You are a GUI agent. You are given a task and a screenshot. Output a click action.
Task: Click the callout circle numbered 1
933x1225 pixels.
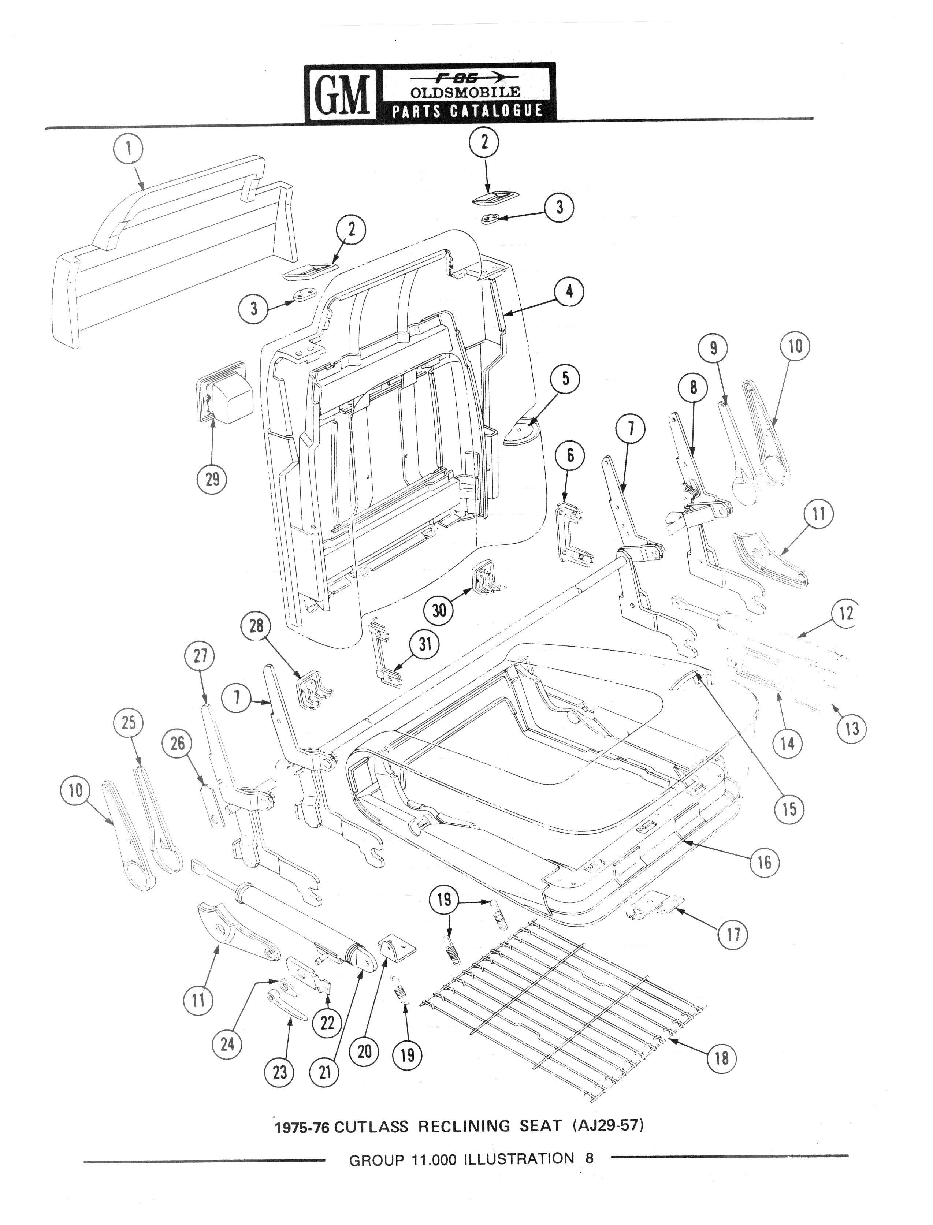tap(129, 149)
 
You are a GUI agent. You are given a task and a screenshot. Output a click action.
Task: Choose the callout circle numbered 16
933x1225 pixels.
tap(765, 863)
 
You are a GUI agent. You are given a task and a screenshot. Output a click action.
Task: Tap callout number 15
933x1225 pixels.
tap(789, 809)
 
